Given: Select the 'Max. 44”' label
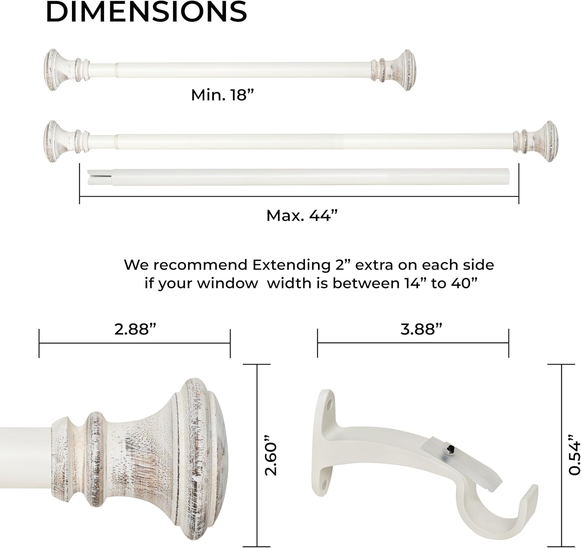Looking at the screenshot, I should click(x=302, y=215).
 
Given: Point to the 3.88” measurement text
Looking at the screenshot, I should click(x=421, y=329).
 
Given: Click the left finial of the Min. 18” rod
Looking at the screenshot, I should click(x=58, y=70).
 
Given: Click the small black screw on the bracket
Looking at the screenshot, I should click(x=449, y=449).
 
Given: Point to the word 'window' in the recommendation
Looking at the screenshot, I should click(x=227, y=283).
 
